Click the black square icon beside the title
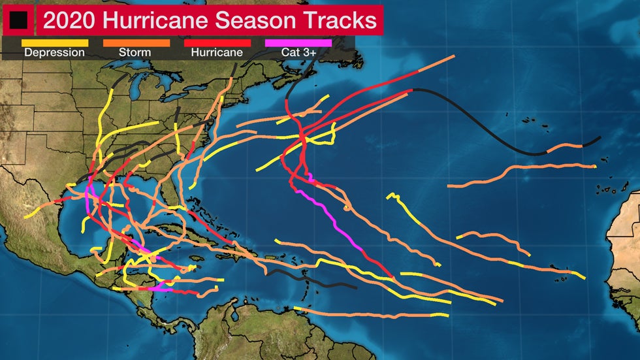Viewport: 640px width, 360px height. tap(18, 20)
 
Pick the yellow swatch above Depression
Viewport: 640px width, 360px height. tap(55, 43)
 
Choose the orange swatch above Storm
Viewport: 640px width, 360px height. tap(136, 43)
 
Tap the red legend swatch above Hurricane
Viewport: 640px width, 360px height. tap(217, 43)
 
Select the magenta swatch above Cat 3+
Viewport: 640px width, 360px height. tap(299, 43)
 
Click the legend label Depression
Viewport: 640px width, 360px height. tap(55, 53)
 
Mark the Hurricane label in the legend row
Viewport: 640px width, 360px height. tap(217, 53)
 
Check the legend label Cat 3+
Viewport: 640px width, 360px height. tap(299, 53)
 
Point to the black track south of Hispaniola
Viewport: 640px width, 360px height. tap(313, 279)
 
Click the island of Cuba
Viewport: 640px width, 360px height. tap(196, 236)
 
